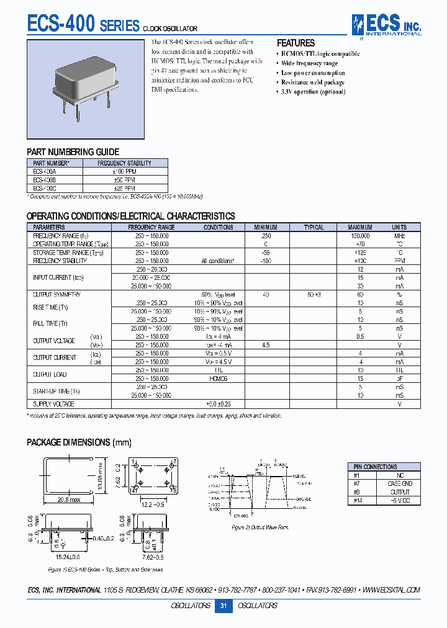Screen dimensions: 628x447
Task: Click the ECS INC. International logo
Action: point(386,25)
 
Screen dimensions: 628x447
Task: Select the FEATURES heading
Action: point(296,43)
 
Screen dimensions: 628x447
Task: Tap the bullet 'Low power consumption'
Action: point(312,73)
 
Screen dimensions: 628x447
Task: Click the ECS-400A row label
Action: point(45,171)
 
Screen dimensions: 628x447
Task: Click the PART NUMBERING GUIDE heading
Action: point(73,152)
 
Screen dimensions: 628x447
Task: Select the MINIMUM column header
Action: point(266,227)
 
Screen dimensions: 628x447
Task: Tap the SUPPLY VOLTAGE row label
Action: point(53,404)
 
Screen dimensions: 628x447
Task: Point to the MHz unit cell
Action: point(400,236)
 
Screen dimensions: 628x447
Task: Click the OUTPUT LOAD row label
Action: point(50,374)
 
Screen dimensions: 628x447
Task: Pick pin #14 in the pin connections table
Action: point(357,500)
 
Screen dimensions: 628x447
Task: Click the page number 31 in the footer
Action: point(223,606)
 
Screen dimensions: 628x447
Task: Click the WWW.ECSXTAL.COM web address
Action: point(392,590)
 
